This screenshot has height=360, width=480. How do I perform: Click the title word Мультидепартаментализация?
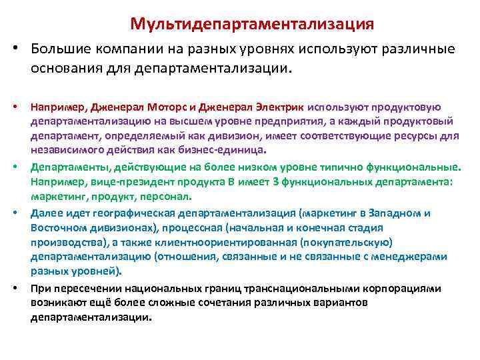[252, 24]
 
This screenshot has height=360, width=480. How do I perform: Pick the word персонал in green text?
[167, 195]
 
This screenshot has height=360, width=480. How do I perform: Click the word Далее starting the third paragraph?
[44, 213]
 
